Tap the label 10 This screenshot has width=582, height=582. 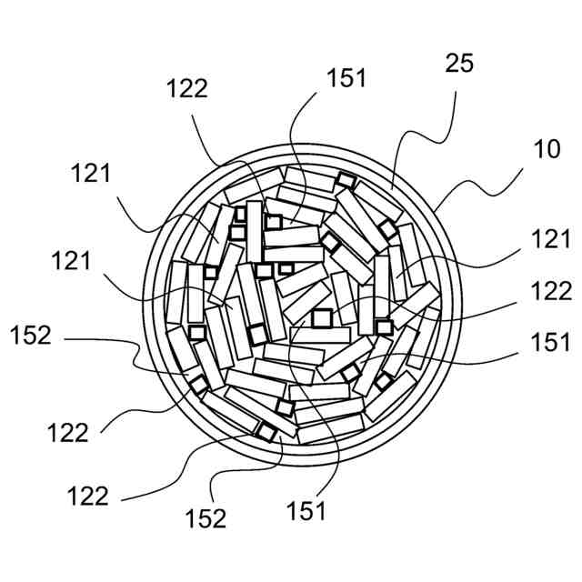[x=547, y=150]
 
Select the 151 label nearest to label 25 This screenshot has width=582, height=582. [x=346, y=78]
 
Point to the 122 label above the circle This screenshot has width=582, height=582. [x=188, y=88]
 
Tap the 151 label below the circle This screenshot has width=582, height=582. [x=306, y=512]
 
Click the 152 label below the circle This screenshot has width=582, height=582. [x=206, y=517]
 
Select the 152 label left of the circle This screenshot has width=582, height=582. [x=31, y=336]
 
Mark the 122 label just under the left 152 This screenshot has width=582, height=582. [x=68, y=432]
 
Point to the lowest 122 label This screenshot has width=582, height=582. [x=87, y=497]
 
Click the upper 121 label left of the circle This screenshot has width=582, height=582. [x=91, y=174]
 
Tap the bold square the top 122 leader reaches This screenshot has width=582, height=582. [x=274, y=221]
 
